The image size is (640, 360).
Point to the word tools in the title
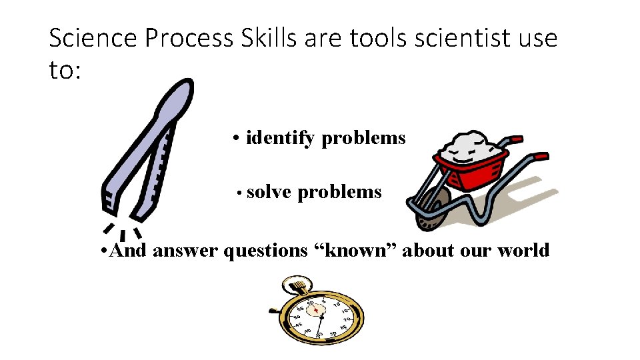[x=379, y=39]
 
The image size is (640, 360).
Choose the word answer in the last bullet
[x=187, y=251]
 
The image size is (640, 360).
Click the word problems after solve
[x=339, y=193]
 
